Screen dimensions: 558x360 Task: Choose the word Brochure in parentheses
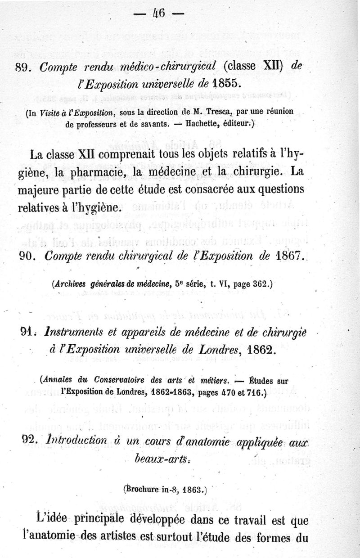click(144, 489)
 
